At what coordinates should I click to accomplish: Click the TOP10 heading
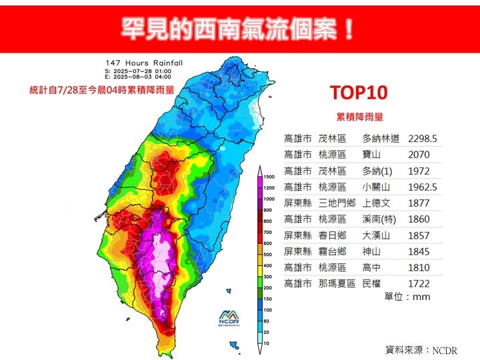359,93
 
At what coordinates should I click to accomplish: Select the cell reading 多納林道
381,139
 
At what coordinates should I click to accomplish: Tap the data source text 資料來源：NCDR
421,349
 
